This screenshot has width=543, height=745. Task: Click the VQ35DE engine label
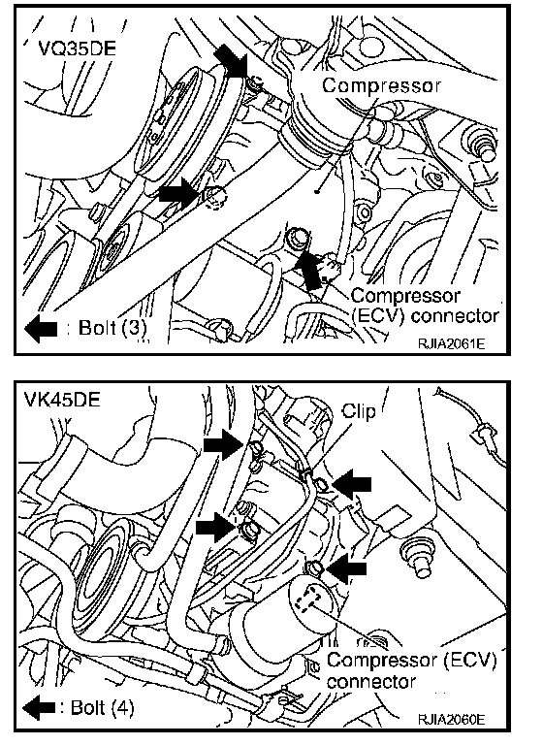pyautogui.click(x=77, y=48)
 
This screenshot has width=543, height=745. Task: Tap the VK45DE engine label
pyautogui.click(x=62, y=399)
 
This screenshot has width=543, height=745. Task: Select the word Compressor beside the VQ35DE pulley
pyautogui.click(x=381, y=85)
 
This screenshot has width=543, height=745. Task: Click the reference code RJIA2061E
pyautogui.click(x=451, y=343)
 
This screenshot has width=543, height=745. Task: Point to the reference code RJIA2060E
pyautogui.click(x=451, y=720)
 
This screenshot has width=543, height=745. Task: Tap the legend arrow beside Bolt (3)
pyautogui.click(x=41, y=329)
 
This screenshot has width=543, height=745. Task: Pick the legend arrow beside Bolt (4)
pyautogui.click(x=40, y=708)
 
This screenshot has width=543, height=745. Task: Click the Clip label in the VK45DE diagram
pyautogui.click(x=359, y=410)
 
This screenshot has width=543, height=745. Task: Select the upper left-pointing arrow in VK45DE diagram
pyautogui.click(x=352, y=485)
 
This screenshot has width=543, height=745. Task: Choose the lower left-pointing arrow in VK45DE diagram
pyautogui.click(x=348, y=568)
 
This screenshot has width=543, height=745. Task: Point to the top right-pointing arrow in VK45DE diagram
pyautogui.click(x=224, y=444)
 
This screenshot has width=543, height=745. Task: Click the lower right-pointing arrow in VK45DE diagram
pyautogui.click(x=216, y=528)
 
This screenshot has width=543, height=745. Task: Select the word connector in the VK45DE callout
pyautogui.click(x=371, y=682)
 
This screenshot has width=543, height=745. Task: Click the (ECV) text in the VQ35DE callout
pyautogui.click(x=377, y=316)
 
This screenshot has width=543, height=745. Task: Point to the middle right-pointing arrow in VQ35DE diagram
pyautogui.click(x=178, y=193)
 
